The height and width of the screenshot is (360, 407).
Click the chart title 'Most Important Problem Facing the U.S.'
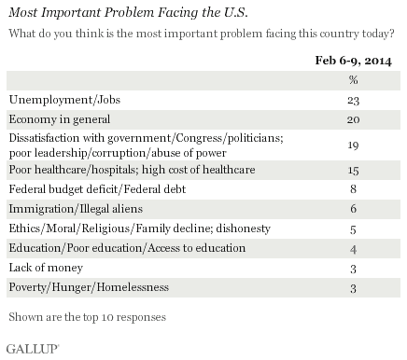pos(128,13)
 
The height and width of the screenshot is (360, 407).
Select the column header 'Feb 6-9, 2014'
pos(353,61)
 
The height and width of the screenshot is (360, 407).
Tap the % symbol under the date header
pos(353,80)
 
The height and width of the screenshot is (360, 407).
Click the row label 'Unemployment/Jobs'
pos(64,100)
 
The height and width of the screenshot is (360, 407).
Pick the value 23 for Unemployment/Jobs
pos(353,101)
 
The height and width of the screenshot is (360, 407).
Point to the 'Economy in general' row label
pos(60,119)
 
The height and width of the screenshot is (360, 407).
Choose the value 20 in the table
pos(353,119)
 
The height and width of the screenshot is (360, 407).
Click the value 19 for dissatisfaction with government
pos(353,145)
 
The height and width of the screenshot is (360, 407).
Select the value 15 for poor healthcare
pos(353,171)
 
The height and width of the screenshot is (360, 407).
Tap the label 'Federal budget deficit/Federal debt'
pos(97,189)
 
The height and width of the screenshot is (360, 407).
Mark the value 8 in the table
pos(353,189)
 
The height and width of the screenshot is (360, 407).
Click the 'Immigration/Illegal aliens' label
pos(76,209)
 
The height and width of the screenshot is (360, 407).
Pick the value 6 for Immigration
pos(353,209)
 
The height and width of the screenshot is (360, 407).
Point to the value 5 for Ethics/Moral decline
pos(353,229)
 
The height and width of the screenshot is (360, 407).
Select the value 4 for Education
pos(353,249)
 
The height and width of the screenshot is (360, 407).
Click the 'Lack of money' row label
pos(46,268)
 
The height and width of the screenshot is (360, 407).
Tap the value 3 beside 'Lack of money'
pos(353,269)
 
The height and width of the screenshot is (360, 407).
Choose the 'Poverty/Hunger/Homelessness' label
pos(89,287)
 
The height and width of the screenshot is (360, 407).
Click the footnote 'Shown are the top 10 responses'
pos(88,317)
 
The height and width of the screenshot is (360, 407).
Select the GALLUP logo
pos(33,349)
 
